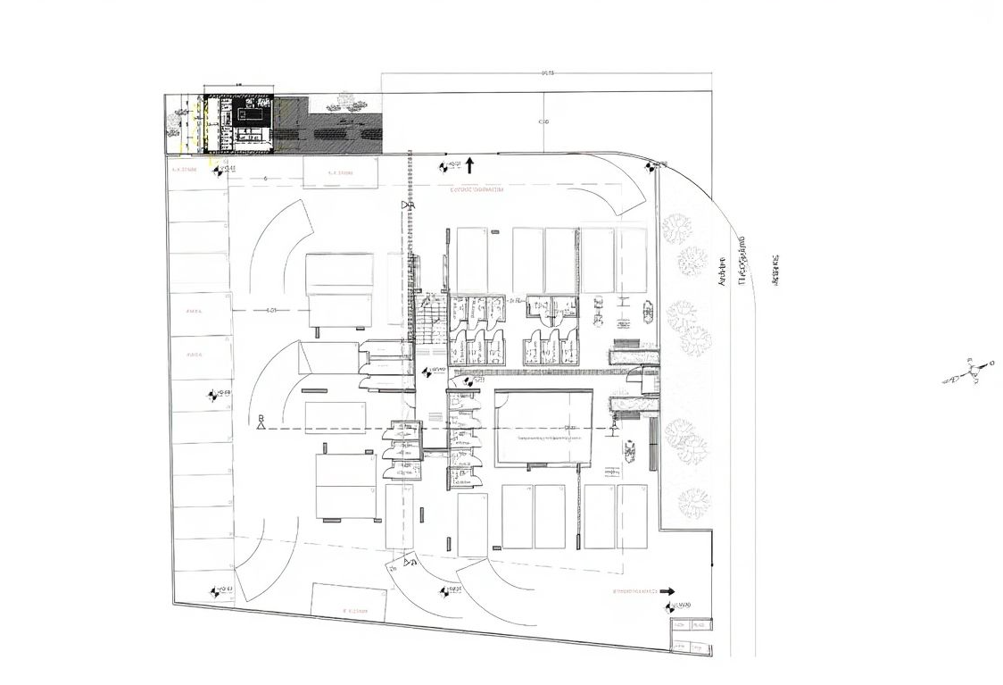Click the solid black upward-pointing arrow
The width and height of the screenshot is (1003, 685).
(469, 164)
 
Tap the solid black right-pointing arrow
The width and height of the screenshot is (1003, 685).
(667, 590)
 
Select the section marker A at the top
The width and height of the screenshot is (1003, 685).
(410, 206)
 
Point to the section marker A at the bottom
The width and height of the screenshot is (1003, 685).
(410, 563)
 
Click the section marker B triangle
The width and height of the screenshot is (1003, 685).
(261, 422)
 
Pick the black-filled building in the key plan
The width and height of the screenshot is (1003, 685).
(253, 115)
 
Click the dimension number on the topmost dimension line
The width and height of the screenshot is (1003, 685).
(547, 73)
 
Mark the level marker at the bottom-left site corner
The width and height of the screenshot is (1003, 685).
(220, 590)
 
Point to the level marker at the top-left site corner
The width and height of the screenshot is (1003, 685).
(222, 169)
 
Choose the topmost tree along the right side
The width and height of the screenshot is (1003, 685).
(678, 229)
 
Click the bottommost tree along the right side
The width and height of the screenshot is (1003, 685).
(692, 504)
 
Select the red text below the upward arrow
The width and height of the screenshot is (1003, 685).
(477, 190)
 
